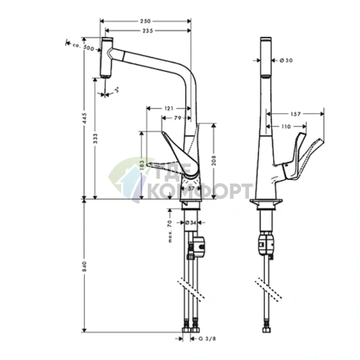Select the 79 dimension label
178,118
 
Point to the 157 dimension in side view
297,114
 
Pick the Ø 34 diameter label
191,223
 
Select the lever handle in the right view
300,160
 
